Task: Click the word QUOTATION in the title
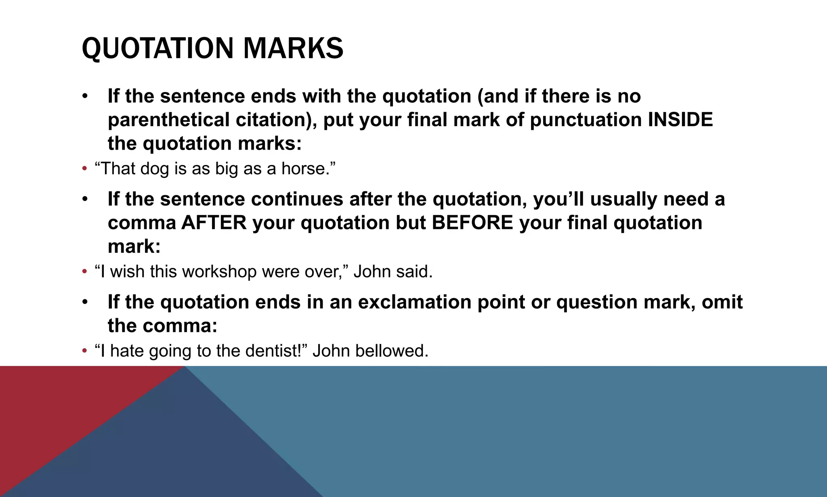click(x=157, y=49)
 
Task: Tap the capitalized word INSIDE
click(x=680, y=120)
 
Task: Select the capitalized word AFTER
click(x=214, y=223)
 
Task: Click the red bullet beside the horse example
click(x=84, y=169)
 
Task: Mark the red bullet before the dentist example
click(x=84, y=351)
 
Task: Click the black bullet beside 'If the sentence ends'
click(x=84, y=97)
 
